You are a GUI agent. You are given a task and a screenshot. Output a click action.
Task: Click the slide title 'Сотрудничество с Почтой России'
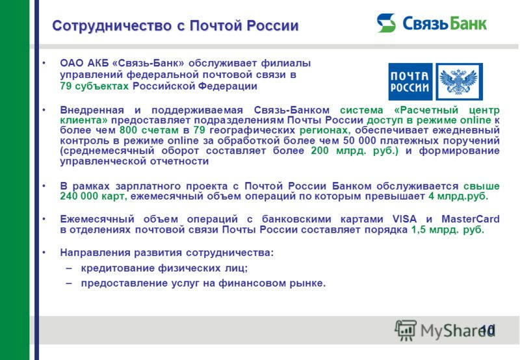(175, 25)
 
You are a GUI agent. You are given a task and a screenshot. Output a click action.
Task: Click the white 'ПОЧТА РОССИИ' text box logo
(409, 81)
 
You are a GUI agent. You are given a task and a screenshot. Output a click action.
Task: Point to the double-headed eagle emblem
(459, 81)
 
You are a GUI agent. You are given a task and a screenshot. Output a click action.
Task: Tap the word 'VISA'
(404, 219)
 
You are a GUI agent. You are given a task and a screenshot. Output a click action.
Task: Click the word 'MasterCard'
(473, 219)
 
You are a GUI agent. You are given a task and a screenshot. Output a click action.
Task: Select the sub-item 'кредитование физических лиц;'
(164, 268)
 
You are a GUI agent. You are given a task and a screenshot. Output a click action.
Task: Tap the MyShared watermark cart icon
(406, 331)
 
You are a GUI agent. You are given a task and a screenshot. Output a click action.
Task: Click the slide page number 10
(487, 330)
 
